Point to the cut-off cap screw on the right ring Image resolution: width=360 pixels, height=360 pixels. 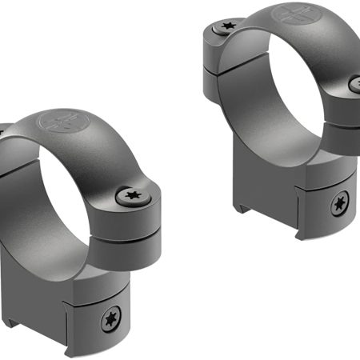[x=355, y=82]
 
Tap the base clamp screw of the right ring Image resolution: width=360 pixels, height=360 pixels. [x=340, y=205]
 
